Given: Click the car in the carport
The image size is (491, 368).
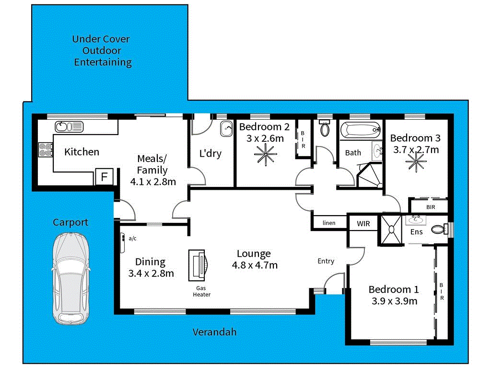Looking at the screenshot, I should point(70,279).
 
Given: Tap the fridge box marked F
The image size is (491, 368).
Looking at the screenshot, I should point(104,177).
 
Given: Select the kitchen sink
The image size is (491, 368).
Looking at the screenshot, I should point(69,126).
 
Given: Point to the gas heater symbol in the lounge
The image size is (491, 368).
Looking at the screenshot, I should point(199,265).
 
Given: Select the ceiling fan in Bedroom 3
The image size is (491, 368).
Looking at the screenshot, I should point(415,162).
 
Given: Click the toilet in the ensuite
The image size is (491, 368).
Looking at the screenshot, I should point(439,230).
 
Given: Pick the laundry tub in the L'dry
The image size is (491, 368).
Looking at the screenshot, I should point(226,129).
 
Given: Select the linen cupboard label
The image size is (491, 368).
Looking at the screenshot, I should point(329,223).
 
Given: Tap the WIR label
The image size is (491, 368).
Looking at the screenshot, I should point(363,223).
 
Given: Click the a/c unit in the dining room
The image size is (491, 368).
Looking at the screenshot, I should point(123,243).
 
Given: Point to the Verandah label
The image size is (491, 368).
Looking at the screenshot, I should point(214,332).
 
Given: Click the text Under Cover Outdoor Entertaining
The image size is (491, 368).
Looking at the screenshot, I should point(101,51).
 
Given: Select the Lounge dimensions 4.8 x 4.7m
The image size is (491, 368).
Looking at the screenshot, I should point(254,265).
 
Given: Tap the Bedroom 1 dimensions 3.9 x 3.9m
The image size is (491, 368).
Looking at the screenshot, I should point(394,301).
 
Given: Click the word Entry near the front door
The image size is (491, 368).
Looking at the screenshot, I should point(326,261).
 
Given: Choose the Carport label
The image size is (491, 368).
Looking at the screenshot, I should point(70,222).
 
